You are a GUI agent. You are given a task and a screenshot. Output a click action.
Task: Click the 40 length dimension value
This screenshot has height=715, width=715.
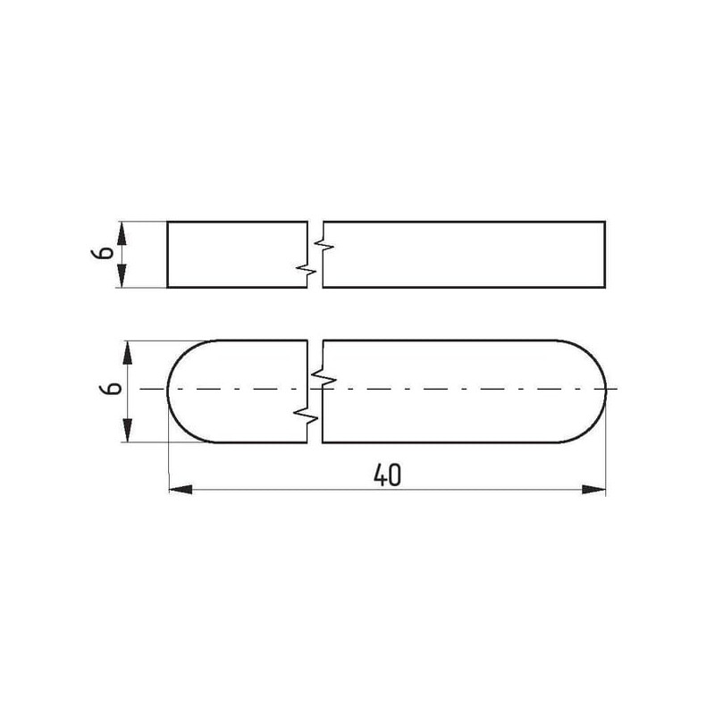pos(388,475)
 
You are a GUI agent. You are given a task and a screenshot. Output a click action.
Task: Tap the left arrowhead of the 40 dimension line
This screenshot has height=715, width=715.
pos(181,490)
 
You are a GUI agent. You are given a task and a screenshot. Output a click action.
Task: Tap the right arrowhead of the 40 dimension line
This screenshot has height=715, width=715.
pos(593,490)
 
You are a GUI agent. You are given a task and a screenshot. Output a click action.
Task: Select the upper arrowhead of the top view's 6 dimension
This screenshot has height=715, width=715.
pos(122,233)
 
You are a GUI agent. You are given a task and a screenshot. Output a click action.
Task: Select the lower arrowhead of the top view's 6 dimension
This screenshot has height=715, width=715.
pos(122,276)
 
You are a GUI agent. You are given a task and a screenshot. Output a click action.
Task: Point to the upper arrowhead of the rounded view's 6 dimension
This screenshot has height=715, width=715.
pos(128,352)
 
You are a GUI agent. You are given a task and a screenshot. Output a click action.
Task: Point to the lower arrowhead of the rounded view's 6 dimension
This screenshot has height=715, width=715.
pos(128,430)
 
